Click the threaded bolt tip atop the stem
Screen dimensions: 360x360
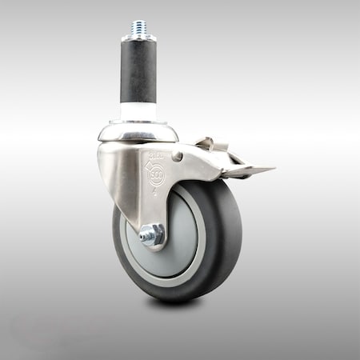(x=138, y=27)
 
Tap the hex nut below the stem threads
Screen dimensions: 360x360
(x=138, y=37)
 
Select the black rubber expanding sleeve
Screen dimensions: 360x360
(x=138, y=71)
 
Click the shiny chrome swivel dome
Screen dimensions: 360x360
(x=138, y=130)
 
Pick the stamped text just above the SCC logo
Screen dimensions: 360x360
(x=155, y=153)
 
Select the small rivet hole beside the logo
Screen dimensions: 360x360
(x=178, y=157)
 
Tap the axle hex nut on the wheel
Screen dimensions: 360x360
(x=153, y=234)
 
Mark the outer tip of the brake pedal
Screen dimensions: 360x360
(x=272, y=169)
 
